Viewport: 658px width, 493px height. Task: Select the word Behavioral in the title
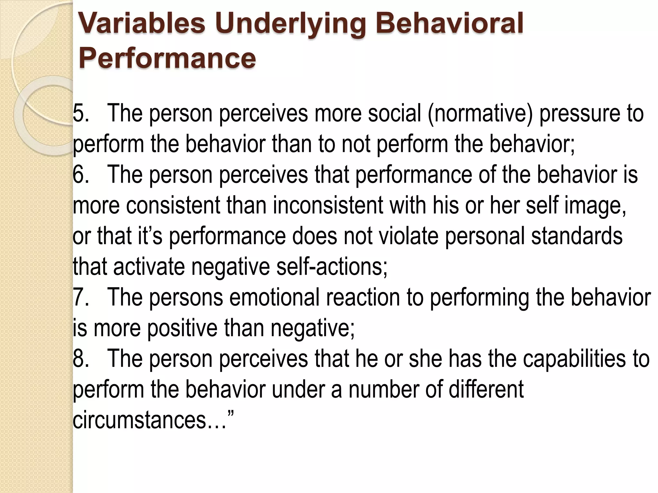[x=449, y=23]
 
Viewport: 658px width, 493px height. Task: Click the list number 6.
[x=80, y=175]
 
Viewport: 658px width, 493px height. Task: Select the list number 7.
[x=80, y=297]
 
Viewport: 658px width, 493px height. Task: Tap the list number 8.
[x=80, y=359]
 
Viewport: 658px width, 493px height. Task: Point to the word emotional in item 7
[x=274, y=297]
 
